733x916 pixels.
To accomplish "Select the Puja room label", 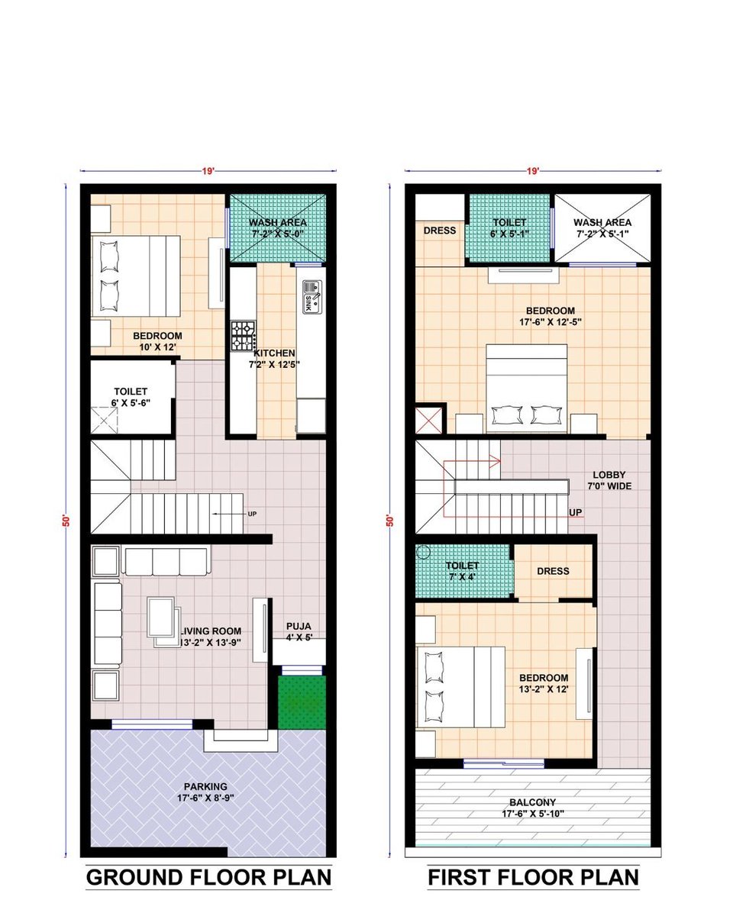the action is (x=299, y=632).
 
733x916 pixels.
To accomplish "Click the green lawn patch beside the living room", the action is (x=302, y=702).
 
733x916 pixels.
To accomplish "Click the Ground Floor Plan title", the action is (x=208, y=877).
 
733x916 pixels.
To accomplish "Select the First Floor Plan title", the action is (x=533, y=877).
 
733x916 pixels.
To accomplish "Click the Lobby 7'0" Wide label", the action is (x=609, y=480).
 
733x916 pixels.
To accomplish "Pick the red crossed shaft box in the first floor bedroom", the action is (x=428, y=420).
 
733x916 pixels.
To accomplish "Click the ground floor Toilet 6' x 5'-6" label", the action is (x=131, y=397).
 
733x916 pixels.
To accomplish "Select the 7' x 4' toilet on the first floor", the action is (x=462, y=571).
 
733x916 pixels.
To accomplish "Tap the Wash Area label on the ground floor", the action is (x=278, y=222).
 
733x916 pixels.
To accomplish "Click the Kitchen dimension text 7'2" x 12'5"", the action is (x=274, y=364).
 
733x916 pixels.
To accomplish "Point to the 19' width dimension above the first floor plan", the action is (x=532, y=171).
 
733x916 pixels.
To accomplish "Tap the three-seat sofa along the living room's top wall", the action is (x=166, y=562).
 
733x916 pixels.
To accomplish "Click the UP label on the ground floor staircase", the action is (x=252, y=514).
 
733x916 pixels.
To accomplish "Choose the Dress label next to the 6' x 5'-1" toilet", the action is (x=440, y=231).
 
